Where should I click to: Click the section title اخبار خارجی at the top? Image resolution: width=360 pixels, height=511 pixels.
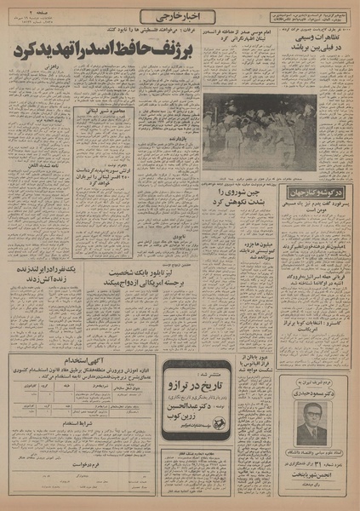[180, 16]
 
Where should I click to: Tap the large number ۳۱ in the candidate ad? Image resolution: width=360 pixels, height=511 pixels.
[317, 462]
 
